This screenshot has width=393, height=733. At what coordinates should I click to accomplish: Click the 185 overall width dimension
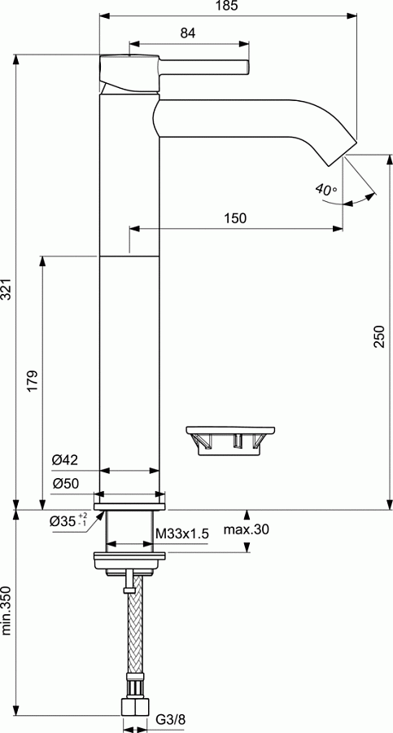tap(228, 7)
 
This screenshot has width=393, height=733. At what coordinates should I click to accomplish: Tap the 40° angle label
tap(326, 190)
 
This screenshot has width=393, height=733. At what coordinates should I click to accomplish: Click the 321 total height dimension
tap(7, 287)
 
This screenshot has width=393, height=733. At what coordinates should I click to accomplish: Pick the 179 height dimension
tap(33, 380)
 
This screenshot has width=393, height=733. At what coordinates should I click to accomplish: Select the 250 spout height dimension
tap(378, 336)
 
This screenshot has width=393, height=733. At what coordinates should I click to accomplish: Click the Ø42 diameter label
tap(64, 460)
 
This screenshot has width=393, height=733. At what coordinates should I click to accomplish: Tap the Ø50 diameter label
tap(64, 483)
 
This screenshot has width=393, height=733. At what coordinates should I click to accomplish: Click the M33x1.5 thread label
tap(182, 533)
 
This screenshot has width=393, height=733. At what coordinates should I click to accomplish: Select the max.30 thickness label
tap(247, 530)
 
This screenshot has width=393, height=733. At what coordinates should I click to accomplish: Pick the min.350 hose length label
tap(7, 610)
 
